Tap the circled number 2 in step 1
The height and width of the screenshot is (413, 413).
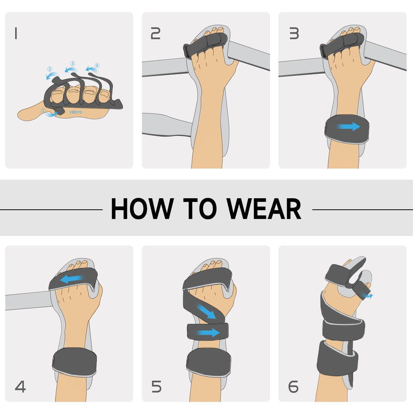point(50,69)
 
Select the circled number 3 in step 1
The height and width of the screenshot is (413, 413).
point(73,63)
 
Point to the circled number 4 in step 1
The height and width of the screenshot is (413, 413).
point(97,66)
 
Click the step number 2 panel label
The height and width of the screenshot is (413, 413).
point(155,34)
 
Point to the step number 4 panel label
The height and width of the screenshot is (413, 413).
point(20,386)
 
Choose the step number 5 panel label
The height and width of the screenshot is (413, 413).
point(157,386)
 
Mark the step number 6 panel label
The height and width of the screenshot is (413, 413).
point(293,386)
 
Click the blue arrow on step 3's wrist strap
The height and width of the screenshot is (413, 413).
point(350,126)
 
